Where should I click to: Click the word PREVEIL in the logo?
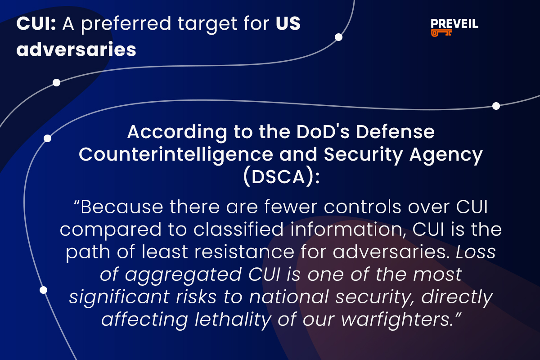(454, 24)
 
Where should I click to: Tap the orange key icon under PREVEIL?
(441, 33)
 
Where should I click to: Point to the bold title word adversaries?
(76, 49)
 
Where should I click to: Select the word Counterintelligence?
(175, 155)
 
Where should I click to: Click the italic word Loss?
(476, 252)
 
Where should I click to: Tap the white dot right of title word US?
(338, 37)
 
